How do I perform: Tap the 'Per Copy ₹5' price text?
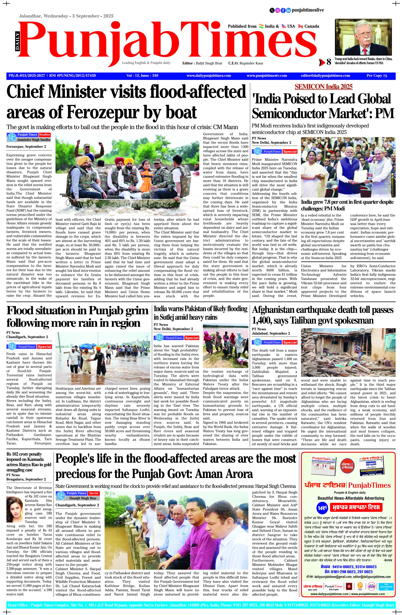pos(377,76)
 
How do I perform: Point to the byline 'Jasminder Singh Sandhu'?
pos(34,140)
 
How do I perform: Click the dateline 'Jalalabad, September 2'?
pos(271,333)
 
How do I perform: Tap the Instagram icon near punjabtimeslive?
pos(277,10)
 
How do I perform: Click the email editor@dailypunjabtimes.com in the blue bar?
pos(325,76)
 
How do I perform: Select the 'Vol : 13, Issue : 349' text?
pos(142,76)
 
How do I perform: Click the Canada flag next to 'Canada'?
pos(300,26)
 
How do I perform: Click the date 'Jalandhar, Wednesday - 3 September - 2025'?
pos(66,16)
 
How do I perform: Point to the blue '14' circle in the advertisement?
pos(322,508)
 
